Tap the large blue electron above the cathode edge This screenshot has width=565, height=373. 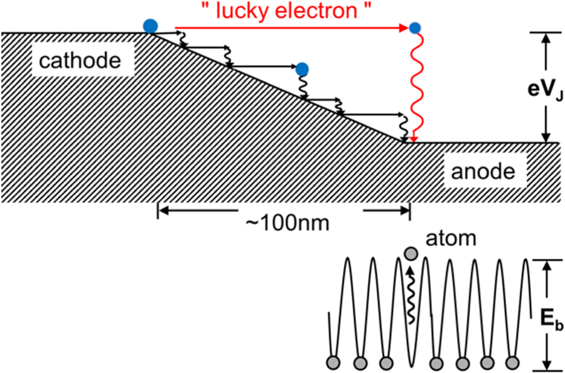pos(150,26)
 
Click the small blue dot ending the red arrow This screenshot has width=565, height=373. pos(414,28)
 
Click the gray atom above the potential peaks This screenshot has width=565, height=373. pos(411,254)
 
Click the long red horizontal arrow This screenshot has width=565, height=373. pos(289,28)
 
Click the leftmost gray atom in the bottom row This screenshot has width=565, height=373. pos(333,363)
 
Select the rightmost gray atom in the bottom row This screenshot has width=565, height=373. pos(513,363)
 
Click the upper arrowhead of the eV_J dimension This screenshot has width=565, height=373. pos(547,36)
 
